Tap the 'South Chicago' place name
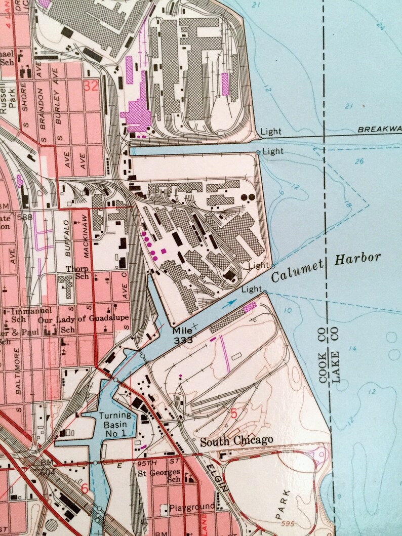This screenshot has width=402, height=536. click(x=236, y=441)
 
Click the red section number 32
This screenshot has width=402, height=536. click(x=91, y=86)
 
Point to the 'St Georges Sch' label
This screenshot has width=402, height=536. click(x=159, y=479)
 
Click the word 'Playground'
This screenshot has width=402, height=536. click(x=192, y=507)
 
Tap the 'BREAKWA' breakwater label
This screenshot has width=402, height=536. click(x=379, y=130)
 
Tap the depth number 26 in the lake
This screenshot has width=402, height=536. click(x=360, y=162)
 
